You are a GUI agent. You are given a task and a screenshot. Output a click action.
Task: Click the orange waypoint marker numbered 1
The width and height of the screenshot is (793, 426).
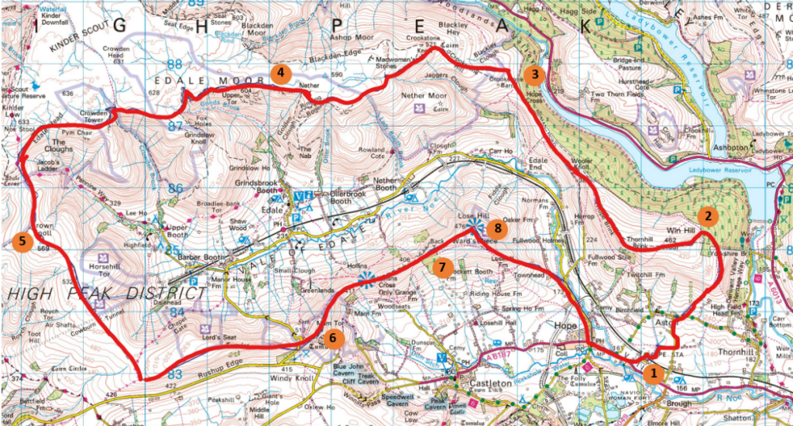pos(654,373)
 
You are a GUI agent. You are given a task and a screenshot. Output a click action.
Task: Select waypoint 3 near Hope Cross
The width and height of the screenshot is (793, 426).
pos(534,75)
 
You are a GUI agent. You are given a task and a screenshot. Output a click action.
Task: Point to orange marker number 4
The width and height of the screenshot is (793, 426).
pos(280,74)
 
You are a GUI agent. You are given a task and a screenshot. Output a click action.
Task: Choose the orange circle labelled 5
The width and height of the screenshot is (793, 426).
pos(22,241)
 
